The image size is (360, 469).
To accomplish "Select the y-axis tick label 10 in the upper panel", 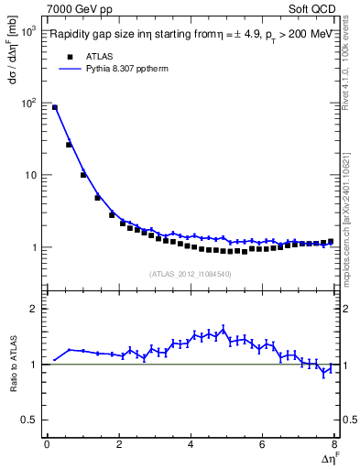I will click(29, 175).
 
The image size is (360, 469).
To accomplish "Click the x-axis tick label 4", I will click(191, 445).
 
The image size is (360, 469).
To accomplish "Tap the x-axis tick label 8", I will click(334, 445).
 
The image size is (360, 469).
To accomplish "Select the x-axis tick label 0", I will click(47, 445).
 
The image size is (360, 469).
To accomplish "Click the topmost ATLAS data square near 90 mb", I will click(55, 107).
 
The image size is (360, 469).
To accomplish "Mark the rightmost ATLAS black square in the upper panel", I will click(331, 242).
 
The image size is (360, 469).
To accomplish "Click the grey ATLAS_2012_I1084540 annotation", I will click(191, 273).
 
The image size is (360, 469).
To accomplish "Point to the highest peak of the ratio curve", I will click(223, 330).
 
